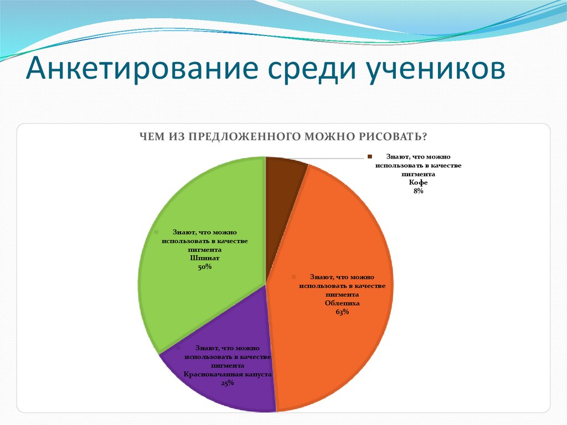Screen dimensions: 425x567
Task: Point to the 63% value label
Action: [x=342, y=313]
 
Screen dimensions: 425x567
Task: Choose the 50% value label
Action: [x=205, y=267]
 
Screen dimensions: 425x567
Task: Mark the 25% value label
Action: [x=227, y=383]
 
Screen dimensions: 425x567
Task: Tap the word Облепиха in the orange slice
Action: [x=342, y=304]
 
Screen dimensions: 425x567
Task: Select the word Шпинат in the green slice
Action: [x=205, y=258]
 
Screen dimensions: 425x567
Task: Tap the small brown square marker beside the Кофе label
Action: [x=368, y=157]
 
